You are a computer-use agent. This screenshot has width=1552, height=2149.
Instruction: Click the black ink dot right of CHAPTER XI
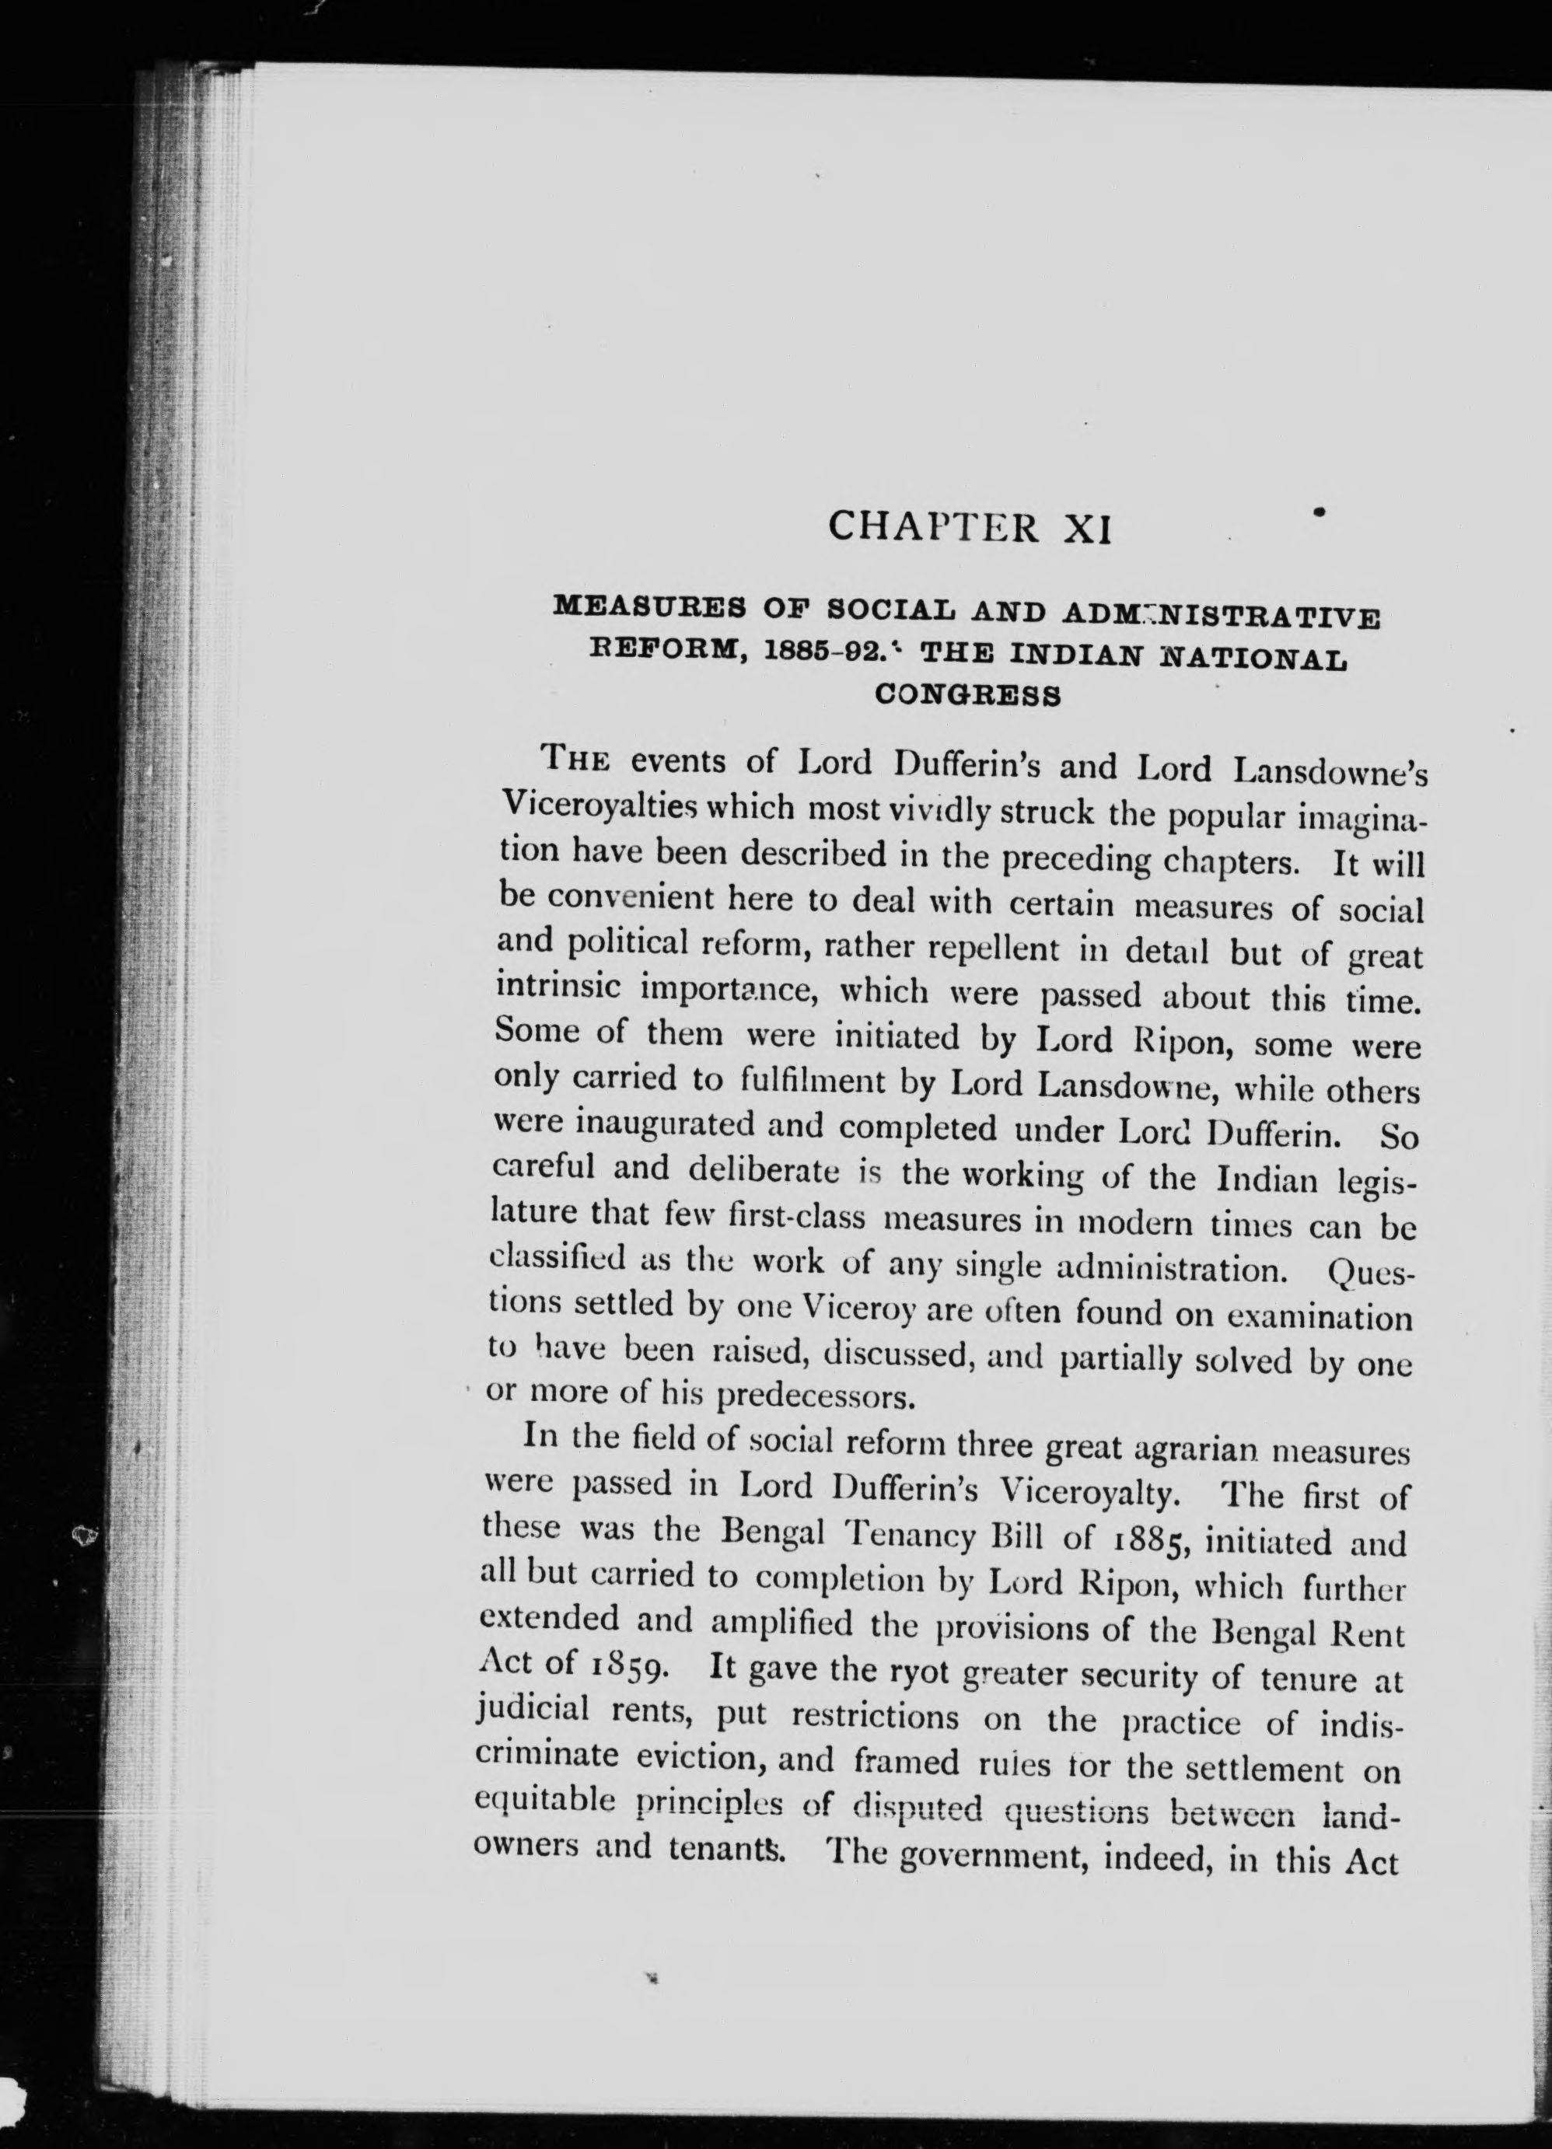click(x=1318, y=512)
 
